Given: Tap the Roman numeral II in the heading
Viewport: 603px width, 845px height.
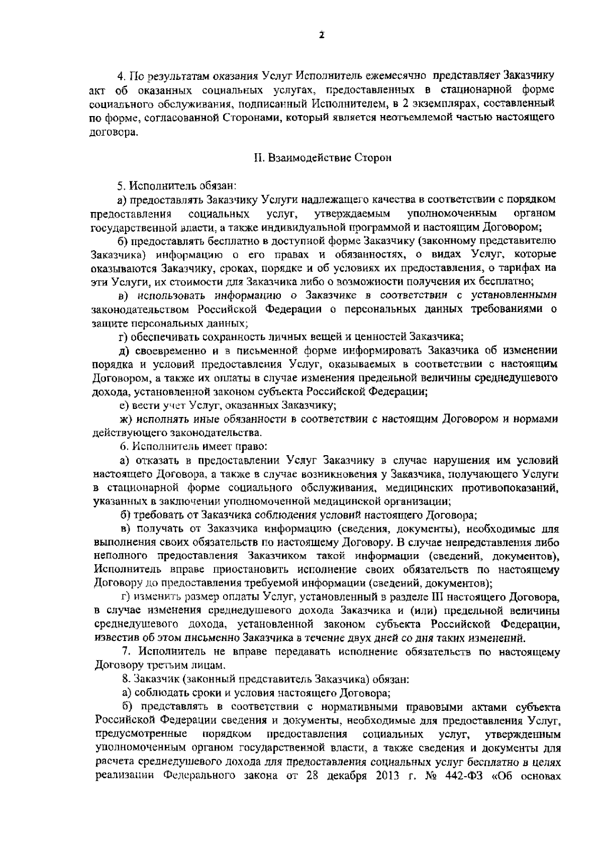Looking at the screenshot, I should pyautogui.click(x=258, y=158).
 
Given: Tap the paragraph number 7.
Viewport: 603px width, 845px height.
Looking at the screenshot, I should pyautogui.click(x=127, y=652).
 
